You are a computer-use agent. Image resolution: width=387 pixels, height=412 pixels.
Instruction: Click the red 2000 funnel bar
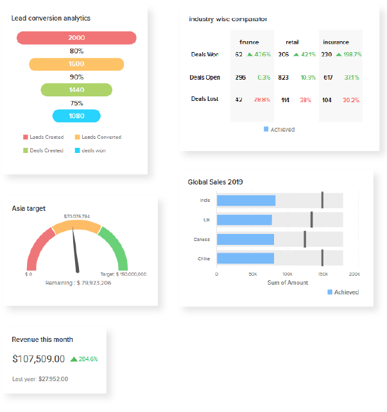(x=76, y=38)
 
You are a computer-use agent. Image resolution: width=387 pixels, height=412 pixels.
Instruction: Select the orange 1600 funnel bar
(x=76, y=64)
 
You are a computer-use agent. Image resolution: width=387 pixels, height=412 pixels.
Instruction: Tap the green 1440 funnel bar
(x=76, y=90)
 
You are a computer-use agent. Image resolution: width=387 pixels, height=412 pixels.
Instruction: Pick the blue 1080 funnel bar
(x=76, y=116)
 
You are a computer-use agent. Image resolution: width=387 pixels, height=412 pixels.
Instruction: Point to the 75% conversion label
(x=76, y=103)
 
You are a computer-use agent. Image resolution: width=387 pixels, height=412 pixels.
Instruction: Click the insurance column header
(x=336, y=42)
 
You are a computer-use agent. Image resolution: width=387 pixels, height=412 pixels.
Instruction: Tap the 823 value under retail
(x=284, y=77)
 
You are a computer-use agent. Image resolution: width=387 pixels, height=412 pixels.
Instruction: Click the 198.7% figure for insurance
(x=350, y=55)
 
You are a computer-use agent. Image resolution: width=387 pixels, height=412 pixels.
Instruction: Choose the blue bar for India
(x=246, y=201)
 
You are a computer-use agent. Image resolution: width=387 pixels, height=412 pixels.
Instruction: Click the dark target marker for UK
(x=311, y=220)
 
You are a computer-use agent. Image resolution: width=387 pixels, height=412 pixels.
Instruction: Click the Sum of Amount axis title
(x=288, y=282)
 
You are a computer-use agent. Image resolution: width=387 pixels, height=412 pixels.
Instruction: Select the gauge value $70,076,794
(x=76, y=216)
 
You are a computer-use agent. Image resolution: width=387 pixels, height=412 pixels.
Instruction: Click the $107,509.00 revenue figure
(x=38, y=359)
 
